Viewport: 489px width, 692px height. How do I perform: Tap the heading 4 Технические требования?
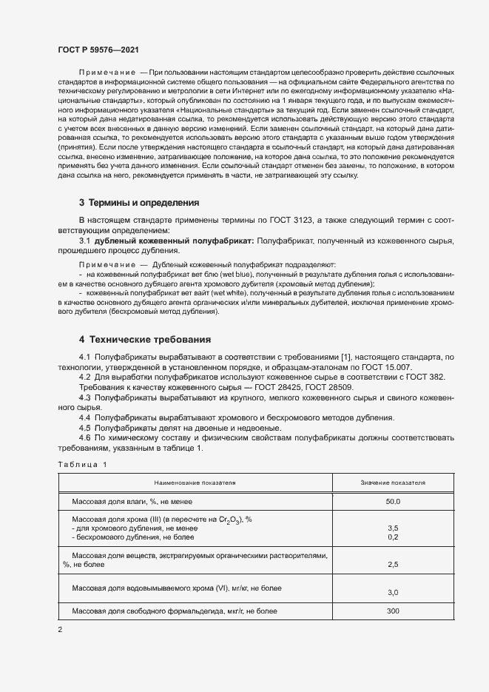(145, 340)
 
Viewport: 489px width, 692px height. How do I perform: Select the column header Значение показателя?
(392, 482)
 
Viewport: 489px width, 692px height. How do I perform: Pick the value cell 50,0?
(392, 502)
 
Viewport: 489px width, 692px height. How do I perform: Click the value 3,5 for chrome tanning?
(393, 528)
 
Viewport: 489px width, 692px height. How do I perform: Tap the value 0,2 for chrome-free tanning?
(393, 537)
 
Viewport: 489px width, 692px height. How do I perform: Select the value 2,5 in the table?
(393, 564)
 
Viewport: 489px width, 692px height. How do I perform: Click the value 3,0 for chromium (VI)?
(393, 592)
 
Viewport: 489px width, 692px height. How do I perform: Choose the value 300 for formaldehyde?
(393, 611)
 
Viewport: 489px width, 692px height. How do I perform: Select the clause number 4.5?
(84, 428)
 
